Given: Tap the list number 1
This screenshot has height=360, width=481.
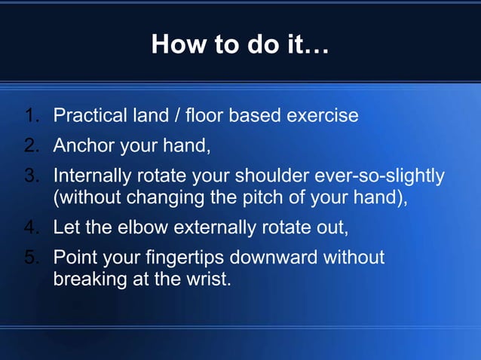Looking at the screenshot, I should pyautogui.click(x=32, y=117).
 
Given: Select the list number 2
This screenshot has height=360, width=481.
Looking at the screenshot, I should pyautogui.click(x=32, y=145).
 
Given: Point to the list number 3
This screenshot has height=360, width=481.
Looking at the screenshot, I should pyautogui.click(x=32, y=175).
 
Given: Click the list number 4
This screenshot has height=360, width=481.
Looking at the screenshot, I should pyautogui.click(x=32, y=227).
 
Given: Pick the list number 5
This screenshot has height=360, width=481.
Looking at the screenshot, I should pyautogui.click(x=32, y=257).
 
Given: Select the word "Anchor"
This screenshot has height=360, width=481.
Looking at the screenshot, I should pyautogui.click(x=81, y=145).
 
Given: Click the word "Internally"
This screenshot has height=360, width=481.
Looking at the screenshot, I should pyautogui.click(x=97, y=175).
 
